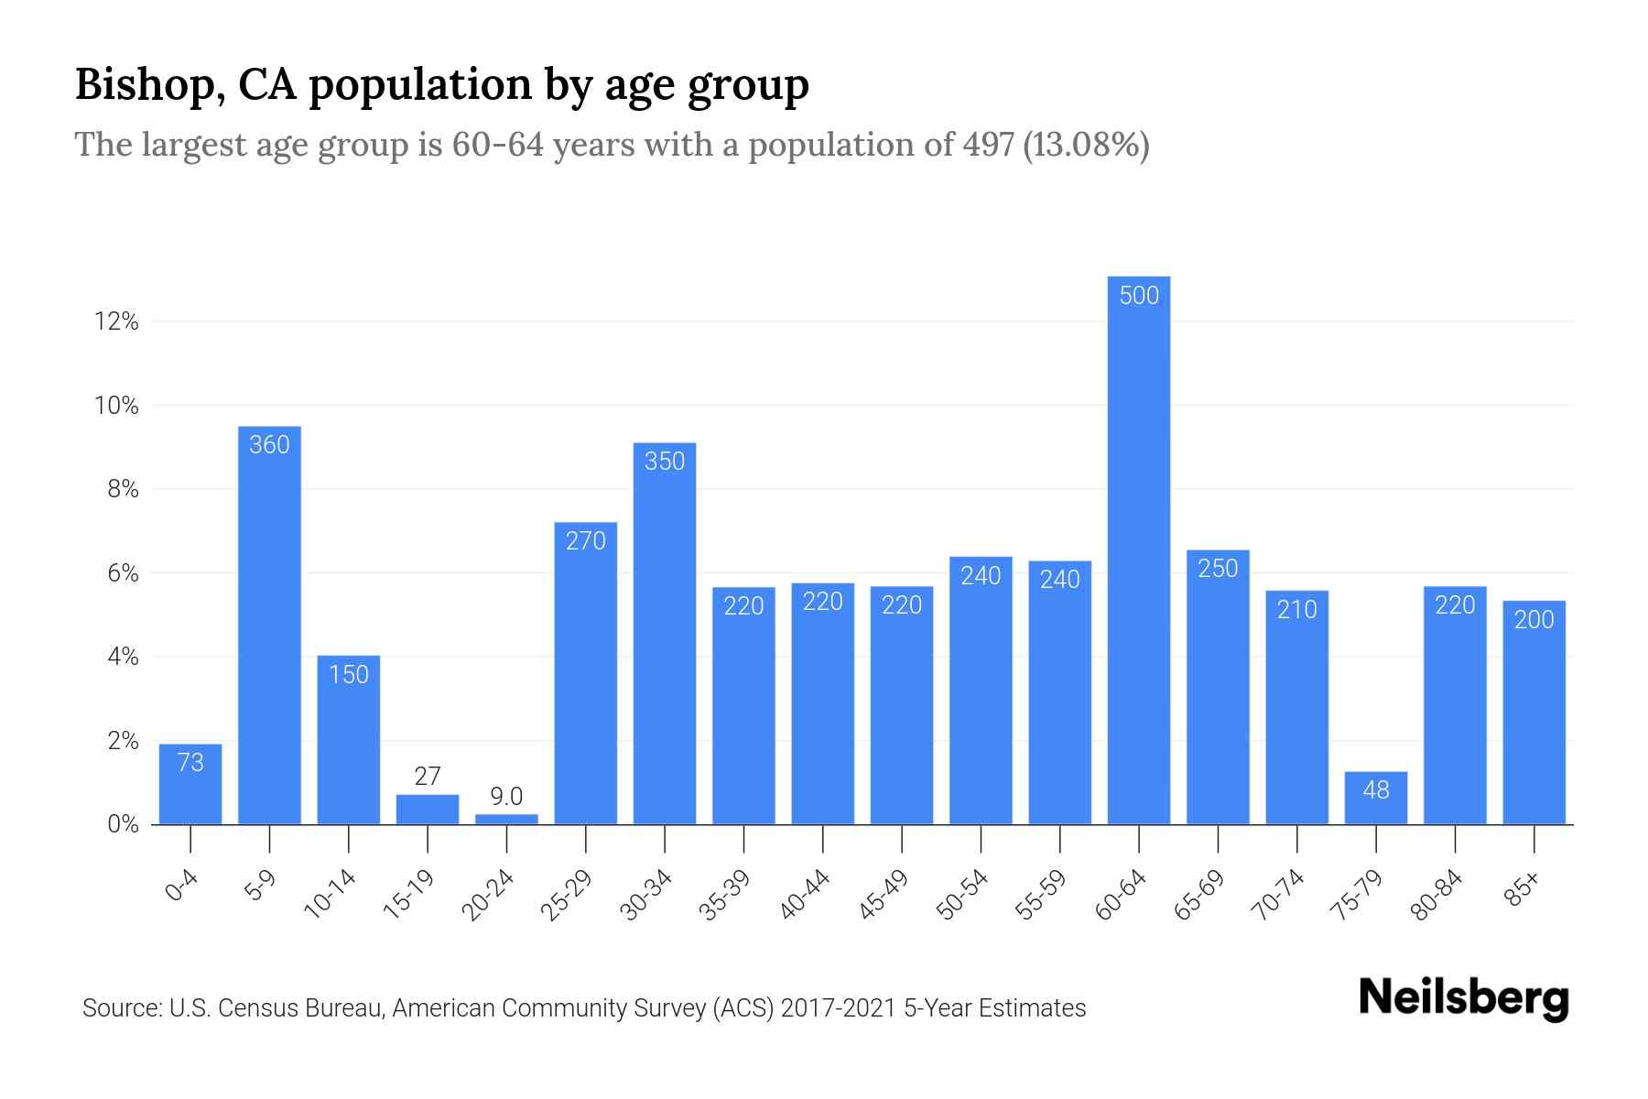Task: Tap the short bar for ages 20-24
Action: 506,819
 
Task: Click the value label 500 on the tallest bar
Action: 1139,295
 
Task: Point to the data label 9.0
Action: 506,796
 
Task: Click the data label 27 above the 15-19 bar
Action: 428,777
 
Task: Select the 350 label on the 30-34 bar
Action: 665,461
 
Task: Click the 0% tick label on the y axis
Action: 123,824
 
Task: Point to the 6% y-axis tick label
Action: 123,573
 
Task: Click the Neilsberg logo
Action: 1463,998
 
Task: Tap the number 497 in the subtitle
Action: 988,145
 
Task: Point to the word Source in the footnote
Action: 120,1008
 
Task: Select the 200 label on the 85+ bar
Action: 1534,620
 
